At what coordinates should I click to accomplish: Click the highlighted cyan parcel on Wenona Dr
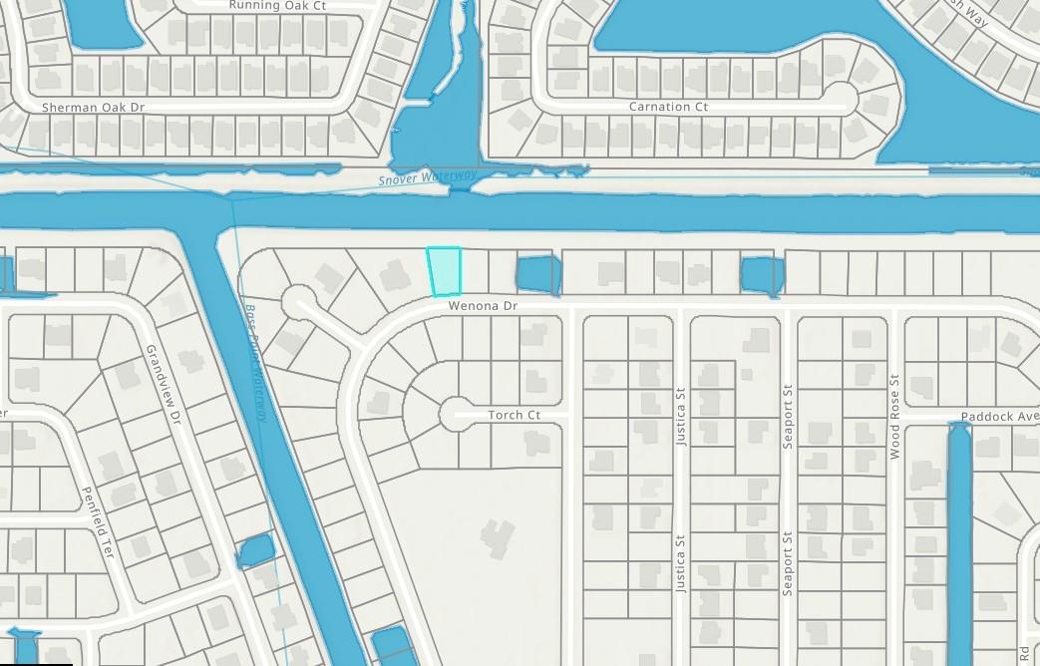pos(445,271)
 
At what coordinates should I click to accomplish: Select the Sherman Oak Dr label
pos(93,107)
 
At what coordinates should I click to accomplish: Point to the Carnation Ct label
pos(668,107)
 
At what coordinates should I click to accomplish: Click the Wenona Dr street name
pos(483,306)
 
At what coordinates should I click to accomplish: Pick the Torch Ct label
pos(514,415)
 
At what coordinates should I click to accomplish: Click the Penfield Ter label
pos(101,521)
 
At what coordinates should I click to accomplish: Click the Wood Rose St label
pos(894,417)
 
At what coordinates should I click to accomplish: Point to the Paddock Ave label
pos(999,416)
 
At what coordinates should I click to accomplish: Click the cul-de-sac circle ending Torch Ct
pos(457,413)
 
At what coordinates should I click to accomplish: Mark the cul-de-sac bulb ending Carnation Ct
pos(841,98)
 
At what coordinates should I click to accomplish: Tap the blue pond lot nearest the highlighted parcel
pos(536,274)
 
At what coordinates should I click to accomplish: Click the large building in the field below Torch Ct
pos(498,538)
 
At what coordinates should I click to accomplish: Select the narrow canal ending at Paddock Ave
pos(959,538)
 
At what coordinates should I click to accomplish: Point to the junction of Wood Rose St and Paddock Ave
pos(896,415)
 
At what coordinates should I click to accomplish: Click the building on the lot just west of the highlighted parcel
pos(396,274)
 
